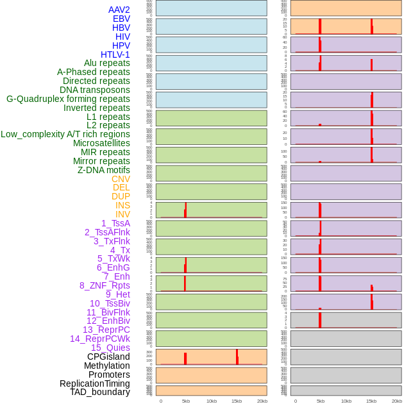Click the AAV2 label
point(119,10)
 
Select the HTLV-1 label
point(115,55)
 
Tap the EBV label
point(121,19)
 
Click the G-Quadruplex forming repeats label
point(68,99)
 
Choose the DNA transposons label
point(95,90)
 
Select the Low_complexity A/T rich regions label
point(65,134)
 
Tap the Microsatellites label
point(101,143)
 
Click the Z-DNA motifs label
point(104,170)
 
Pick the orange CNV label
point(121,179)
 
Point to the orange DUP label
point(121,196)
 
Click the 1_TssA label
point(115,223)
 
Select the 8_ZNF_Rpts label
point(105,285)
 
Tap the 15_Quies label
point(110,348)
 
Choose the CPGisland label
point(108,357)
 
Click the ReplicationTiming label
point(95,383)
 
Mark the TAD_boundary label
point(100,392)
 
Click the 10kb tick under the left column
point(211,401)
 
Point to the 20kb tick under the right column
point(397,401)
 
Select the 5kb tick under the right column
point(321,401)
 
